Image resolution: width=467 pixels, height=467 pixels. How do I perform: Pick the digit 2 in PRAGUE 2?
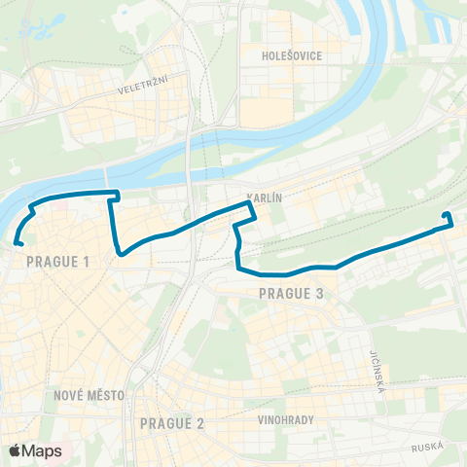(x=200, y=423)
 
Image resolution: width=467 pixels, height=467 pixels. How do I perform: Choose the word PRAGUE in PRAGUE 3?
(x=283, y=292)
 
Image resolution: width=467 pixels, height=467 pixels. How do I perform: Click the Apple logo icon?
(x=15, y=450)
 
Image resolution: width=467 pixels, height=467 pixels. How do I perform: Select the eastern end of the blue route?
(x=446, y=215)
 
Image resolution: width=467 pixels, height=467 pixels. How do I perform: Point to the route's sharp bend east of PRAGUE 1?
(x=120, y=254)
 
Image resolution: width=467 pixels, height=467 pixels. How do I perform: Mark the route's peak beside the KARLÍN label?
(x=247, y=205)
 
